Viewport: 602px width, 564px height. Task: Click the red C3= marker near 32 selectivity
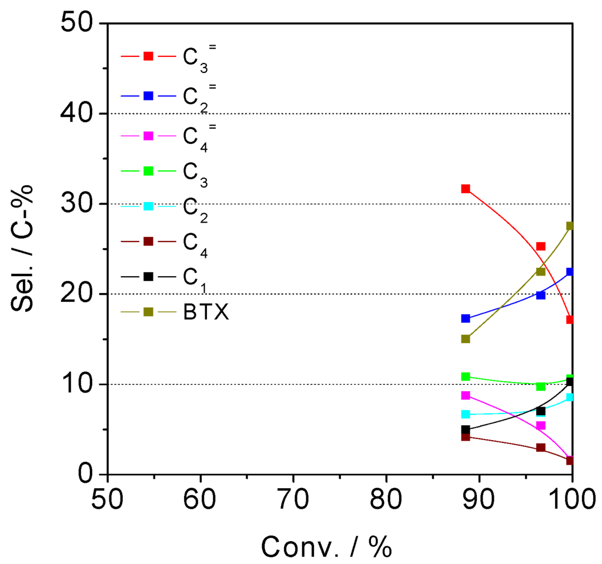pyautogui.click(x=466, y=189)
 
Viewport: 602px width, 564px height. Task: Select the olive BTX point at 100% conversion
pyautogui.click(x=570, y=226)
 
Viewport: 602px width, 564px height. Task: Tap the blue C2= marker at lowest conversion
pyautogui.click(x=466, y=318)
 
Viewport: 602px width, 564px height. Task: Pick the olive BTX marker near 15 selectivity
pyautogui.click(x=466, y=339)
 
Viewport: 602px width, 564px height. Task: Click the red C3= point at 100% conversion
pyautogui.click(x=570, y=320)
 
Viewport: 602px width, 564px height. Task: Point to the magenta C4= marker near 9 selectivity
pyautogui.click(x=466, y=395)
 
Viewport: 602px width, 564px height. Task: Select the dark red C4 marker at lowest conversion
pyautogui.click(x=466, y=437)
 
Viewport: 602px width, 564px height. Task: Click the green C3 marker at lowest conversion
pyautogui.click(x=466, y=377)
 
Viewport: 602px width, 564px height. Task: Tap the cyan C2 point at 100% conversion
pyautogui.click(x=570, y=397)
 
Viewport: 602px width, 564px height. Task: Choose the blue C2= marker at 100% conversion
pyautogui.click(x=570, y=272)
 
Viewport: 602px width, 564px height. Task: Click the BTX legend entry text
pyautogui.click(x=205, y=312)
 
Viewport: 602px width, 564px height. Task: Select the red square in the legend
pyautogui.click(x=149, y=56)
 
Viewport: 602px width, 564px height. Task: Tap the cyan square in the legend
pyautogui.click(x=149, y=206)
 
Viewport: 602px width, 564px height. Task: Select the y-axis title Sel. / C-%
pyautogui.click(x=22, y=249)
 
